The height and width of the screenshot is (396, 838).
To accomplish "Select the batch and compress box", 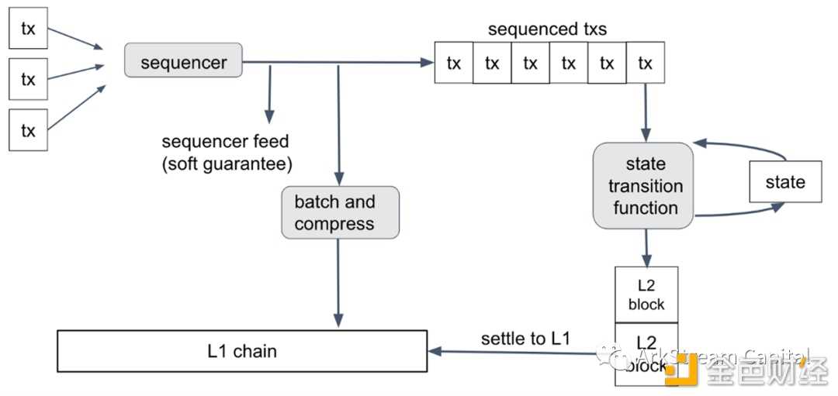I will click(x=340, y=212).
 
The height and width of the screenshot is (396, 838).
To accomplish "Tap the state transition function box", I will click(x=643, y=186).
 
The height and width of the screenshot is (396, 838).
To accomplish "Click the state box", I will click(x=784, y=182).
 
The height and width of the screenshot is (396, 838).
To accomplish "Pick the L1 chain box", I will click(x=242, y=351).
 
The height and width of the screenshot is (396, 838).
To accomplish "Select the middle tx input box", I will click(x=28, y=78).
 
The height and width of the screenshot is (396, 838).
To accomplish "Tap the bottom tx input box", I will click(x=28, y=129).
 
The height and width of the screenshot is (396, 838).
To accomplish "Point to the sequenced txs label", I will click(x=547, y=29).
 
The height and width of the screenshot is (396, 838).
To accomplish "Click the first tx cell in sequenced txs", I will click(x=454, y=63).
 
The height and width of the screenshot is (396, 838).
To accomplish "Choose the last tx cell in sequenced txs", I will click(x=645, y=63).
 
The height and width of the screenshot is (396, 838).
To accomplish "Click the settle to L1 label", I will click(x=525, y=338).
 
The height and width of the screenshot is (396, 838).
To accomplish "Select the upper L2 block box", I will click(x=646, y=294).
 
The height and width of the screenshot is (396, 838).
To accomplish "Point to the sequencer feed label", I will click(x=225, y=142).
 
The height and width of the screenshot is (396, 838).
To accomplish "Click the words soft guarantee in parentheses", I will click(x=227, y=164).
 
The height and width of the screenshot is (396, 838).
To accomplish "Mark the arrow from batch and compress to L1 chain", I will click(x=338, y=283).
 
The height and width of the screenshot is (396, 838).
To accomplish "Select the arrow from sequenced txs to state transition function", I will click(x=646, y=112).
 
